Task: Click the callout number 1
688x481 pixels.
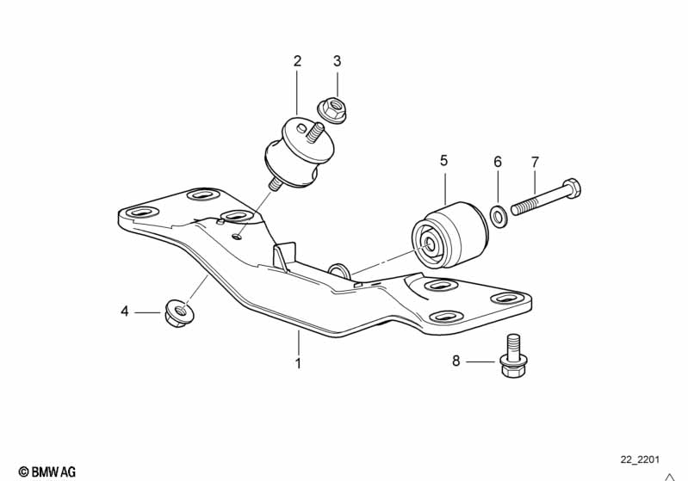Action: [x=298, y=363]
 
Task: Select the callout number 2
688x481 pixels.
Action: [x=297, y=61]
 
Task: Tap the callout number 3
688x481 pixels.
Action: [x=337, y=61]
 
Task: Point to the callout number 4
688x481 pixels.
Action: [x=125, y=311]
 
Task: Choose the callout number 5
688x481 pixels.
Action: [x=444, y=160]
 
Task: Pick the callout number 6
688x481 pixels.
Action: [x=497, y=162]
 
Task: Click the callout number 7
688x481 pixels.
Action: [x=535, y=162]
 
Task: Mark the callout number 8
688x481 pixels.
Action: [x=457, y=361]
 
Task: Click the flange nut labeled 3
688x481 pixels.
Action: [x=331, y=109]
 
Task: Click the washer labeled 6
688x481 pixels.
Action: [x=499, y=214]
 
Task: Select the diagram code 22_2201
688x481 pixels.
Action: [x=642, y=460]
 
